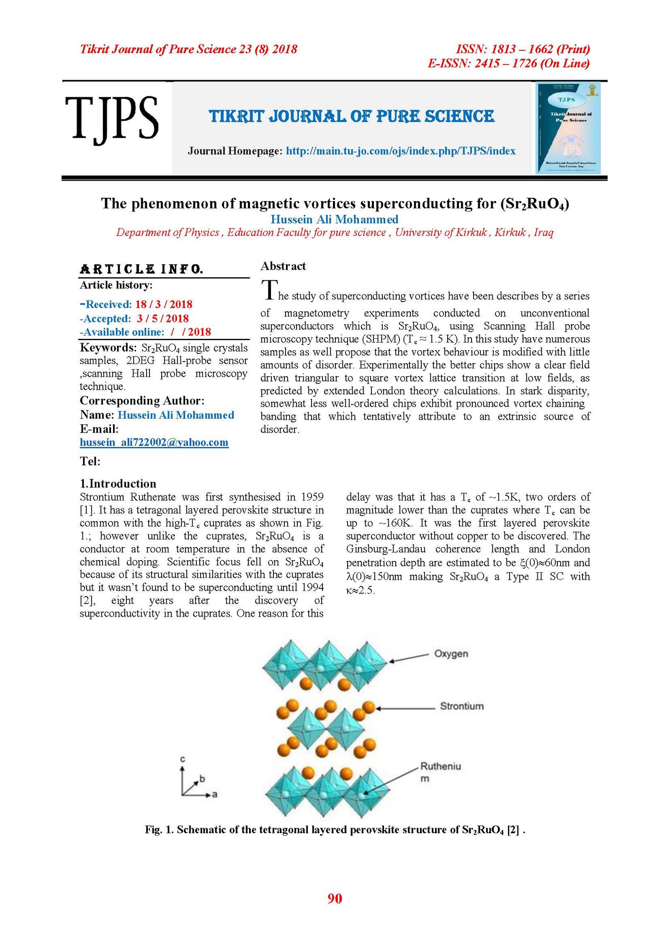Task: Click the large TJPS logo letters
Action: (112, 118)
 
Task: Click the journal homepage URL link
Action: (400, 151)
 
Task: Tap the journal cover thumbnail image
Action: (568, 128)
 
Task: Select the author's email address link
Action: (154, 442)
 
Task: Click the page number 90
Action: (335, 899)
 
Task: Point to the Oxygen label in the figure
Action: (451, 654)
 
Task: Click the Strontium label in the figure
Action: (461, 706)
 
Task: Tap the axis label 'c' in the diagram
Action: (183, 759)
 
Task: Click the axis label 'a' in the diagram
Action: (215, 794)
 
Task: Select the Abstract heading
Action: (283, 266)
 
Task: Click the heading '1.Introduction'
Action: (118, 484)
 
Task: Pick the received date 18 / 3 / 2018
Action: (164, 305)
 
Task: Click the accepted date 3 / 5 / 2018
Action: (162, 318)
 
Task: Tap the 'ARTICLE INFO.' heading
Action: (142, 269)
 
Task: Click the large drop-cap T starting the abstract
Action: (269, 290)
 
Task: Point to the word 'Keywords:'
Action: (108, 348)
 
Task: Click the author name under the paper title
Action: (334, 220)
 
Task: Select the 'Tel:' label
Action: (90, 462)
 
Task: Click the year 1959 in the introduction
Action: (312, 497)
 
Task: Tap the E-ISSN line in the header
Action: (508, 64)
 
